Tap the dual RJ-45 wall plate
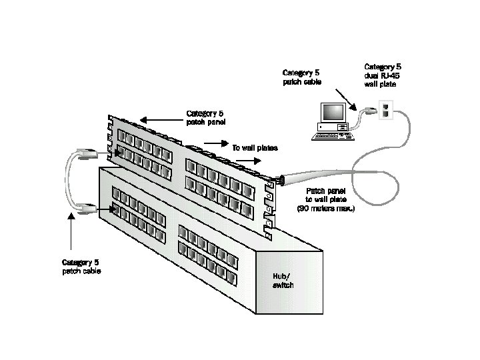385,110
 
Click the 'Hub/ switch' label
283,281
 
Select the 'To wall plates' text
255,148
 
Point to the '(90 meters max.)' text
326,209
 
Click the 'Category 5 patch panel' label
205,117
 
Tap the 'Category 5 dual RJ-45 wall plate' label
383,75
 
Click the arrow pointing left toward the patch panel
154,120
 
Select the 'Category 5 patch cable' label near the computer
302,77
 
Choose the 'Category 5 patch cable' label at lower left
82,267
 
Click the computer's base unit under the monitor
333,126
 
